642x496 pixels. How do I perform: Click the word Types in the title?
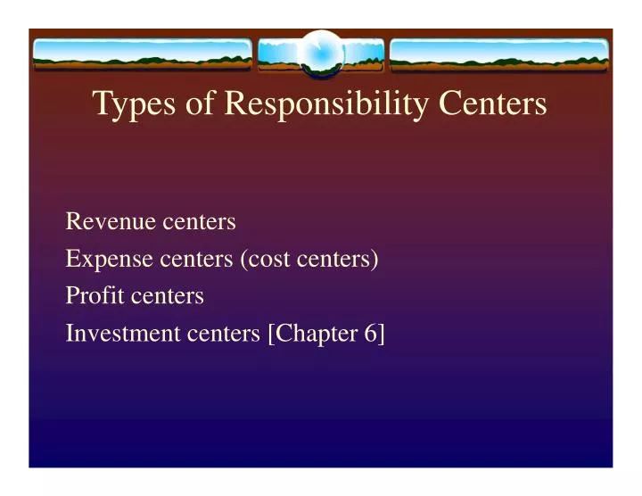tap(130, 104)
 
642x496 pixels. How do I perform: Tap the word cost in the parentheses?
tap(263, 260)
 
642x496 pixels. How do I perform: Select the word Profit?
tap(93, 295)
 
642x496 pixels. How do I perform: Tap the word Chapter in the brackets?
tap(314, 333)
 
